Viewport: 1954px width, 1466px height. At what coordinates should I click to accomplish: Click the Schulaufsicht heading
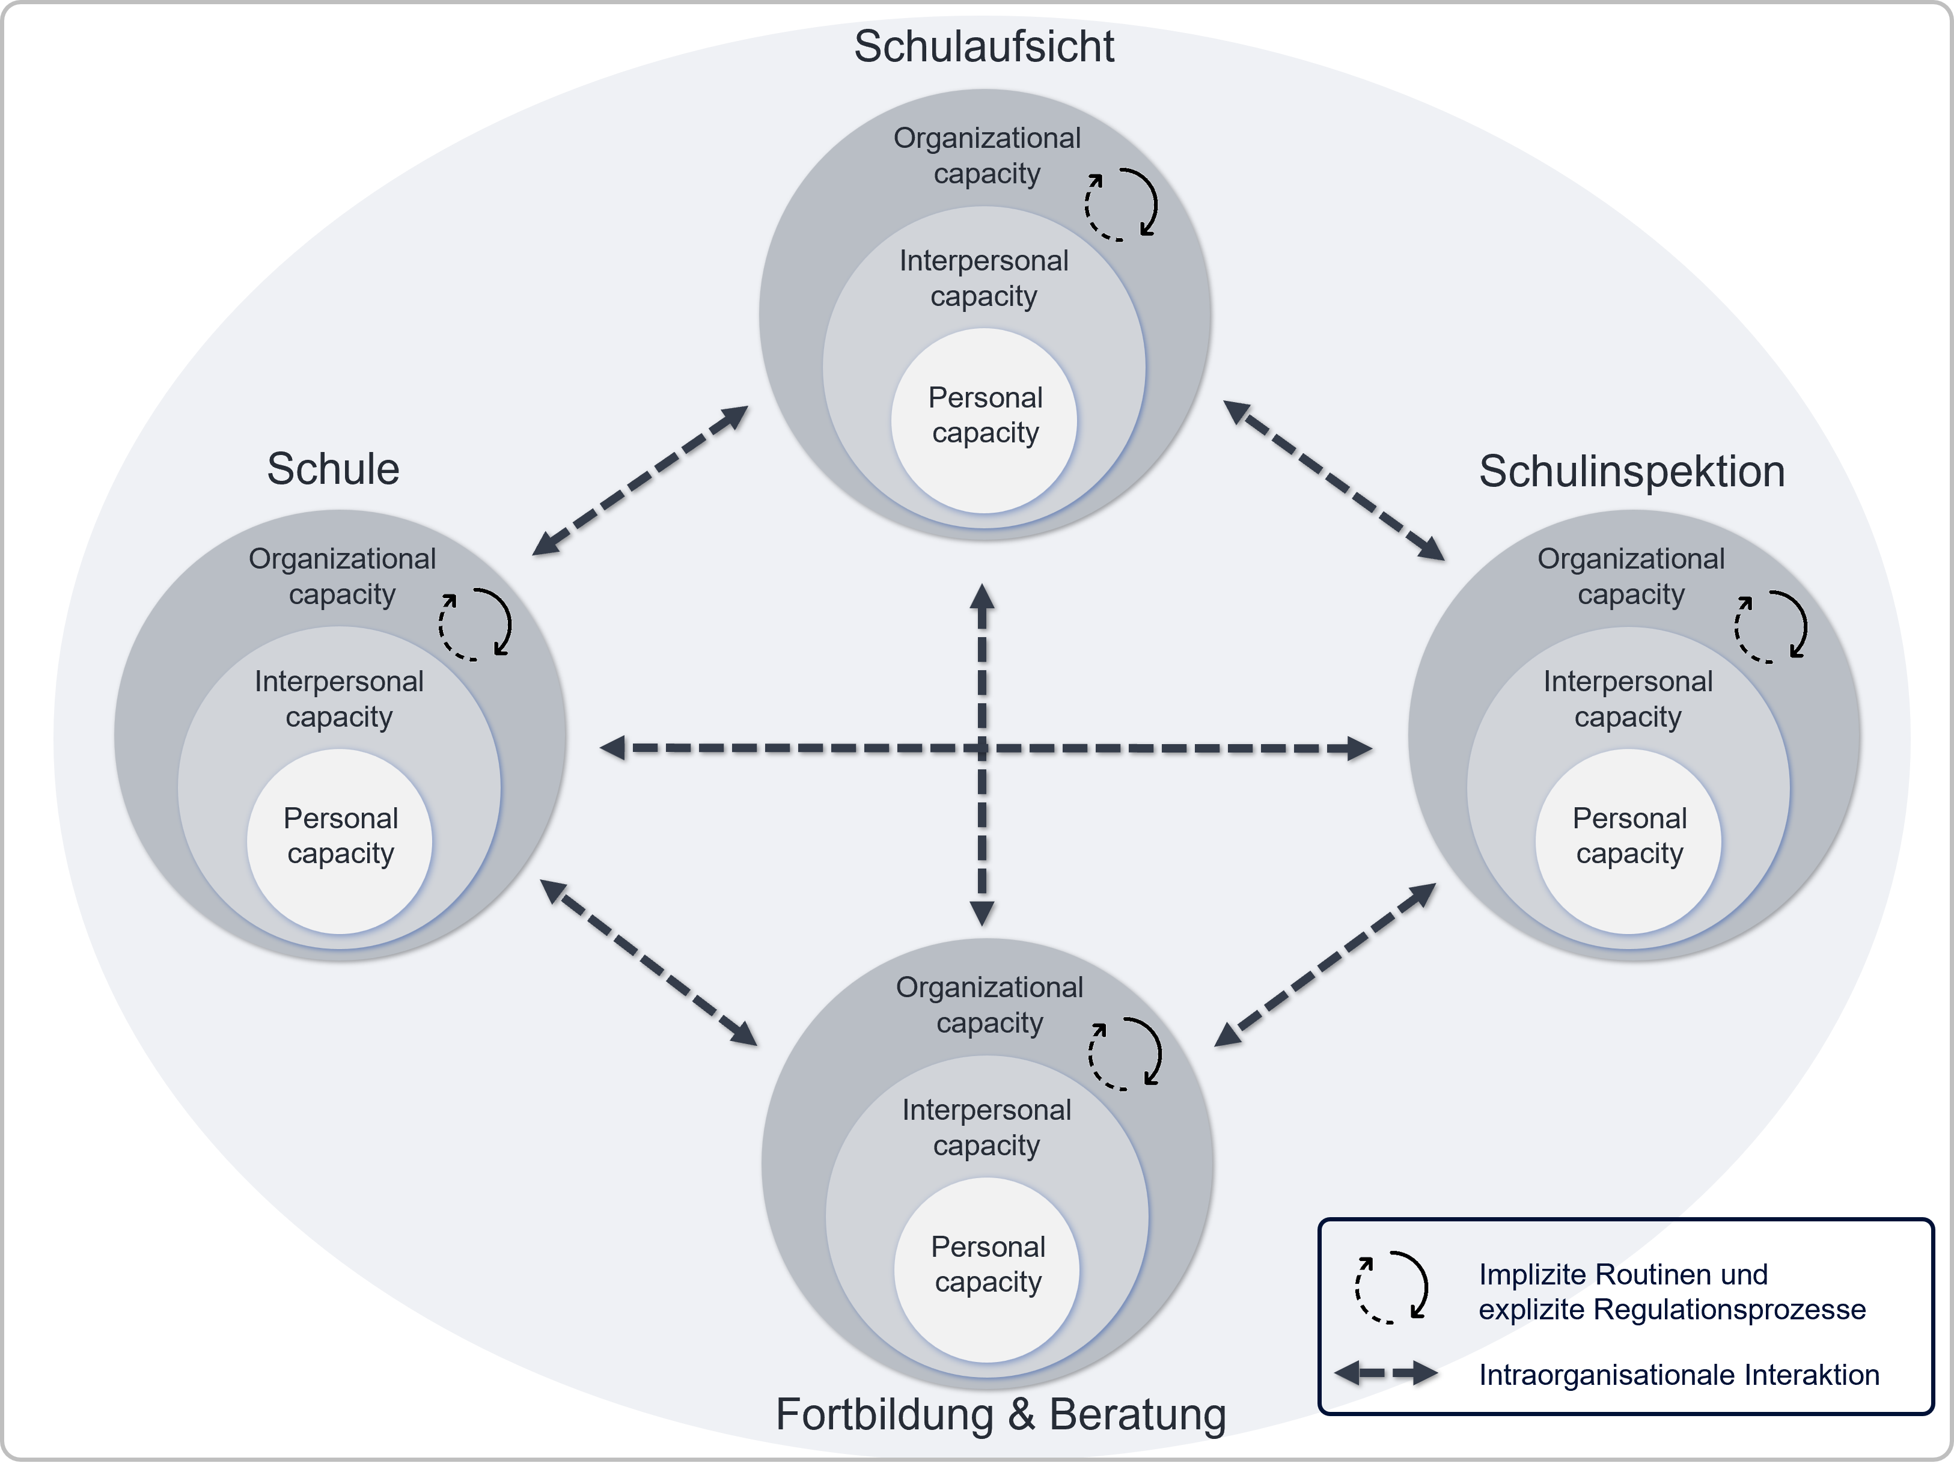(983, 46)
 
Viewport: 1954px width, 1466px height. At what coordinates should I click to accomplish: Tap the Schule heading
(333, 468)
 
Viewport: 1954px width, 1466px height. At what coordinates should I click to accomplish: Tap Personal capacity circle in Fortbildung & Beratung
(987, 1270)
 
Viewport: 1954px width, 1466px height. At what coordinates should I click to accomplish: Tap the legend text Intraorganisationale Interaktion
(1678, 1375)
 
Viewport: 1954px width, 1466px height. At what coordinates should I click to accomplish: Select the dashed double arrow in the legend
(1386, 1373)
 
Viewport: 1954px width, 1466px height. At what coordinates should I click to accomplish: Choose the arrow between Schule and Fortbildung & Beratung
(649, 963)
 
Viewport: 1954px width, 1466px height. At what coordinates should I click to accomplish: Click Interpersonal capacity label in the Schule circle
(339, 698)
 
